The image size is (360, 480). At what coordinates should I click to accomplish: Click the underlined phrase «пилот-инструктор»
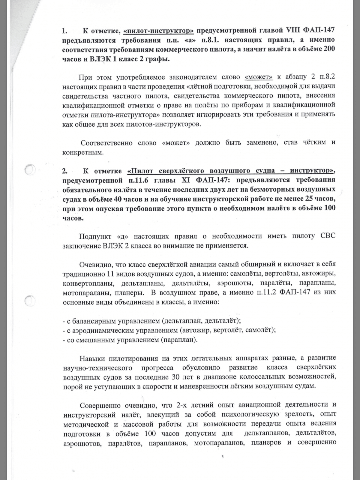[158, 30]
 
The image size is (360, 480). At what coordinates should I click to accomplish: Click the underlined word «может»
[259, 77]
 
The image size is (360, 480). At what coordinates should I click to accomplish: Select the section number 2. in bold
[65, 171]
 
